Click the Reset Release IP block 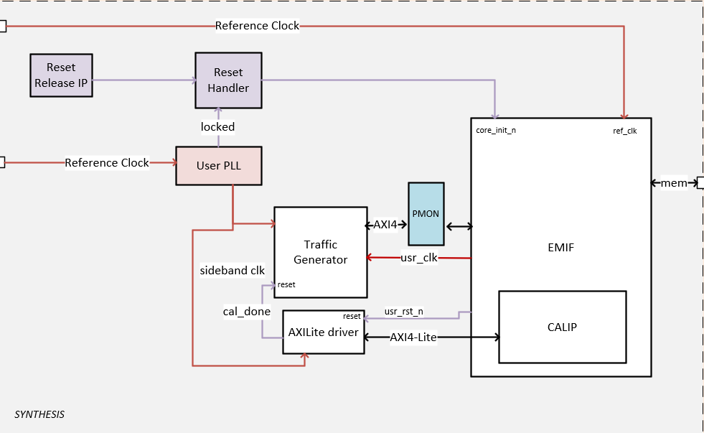61,75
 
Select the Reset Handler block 227,80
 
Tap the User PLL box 219,165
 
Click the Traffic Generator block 320,252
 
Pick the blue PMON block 426,214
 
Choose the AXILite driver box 324,332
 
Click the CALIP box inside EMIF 562,327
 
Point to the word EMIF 560,248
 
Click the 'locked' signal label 217,126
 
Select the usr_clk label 419,258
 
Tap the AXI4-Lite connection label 413,337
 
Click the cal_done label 247,312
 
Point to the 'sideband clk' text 233,271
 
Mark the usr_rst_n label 403,311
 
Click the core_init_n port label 496,131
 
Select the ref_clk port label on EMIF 624,131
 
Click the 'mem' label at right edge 673,183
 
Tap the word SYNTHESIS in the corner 39,414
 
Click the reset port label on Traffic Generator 286,285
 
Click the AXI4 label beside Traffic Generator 385,225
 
